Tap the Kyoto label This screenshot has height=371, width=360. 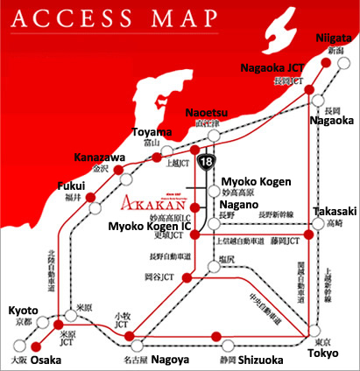pos(23,311)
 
